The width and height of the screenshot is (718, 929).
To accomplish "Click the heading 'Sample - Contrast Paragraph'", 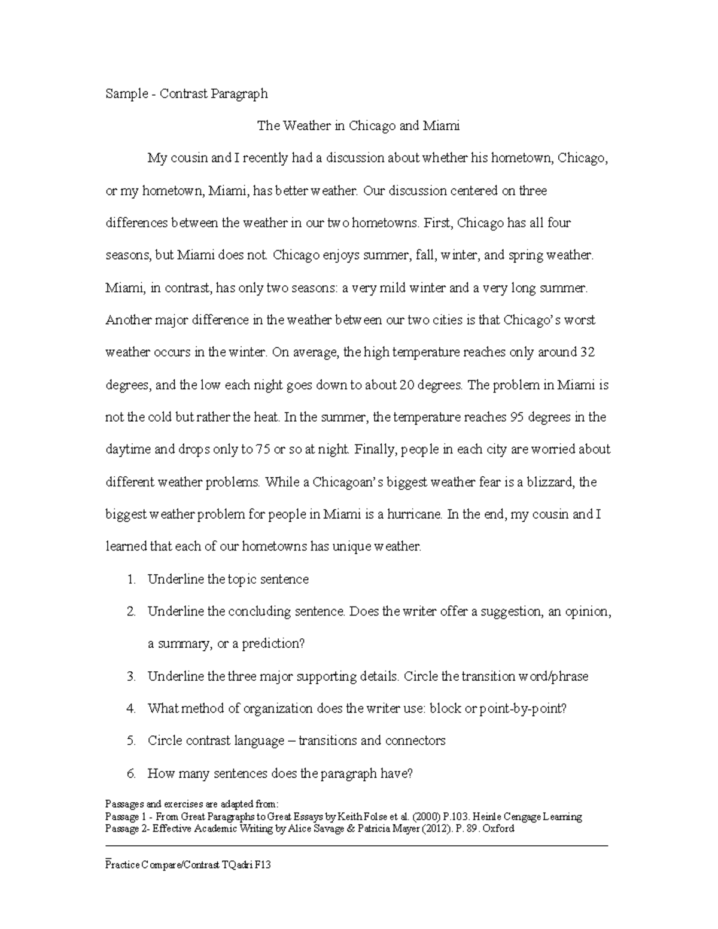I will (186, 94).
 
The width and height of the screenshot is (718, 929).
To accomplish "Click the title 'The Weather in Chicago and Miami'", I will (358, 126).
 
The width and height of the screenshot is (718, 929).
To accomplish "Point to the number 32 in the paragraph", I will (588, 352).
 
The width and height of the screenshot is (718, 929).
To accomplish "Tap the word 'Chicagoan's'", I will (348, 482).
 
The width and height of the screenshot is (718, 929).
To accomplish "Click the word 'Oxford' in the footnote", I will (498, 829).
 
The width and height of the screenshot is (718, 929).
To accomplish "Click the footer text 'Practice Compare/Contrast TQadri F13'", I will (188, 865).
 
